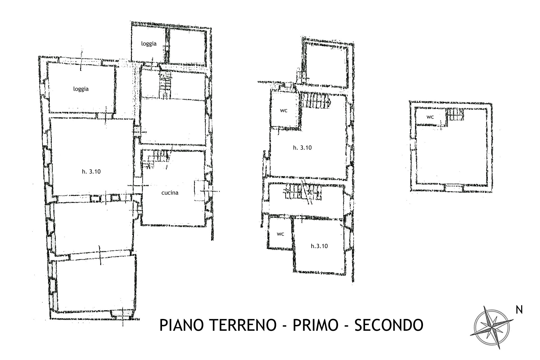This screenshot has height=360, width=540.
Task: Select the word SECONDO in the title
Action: [x=389, y=325]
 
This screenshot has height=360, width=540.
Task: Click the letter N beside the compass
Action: [x=519, y=310]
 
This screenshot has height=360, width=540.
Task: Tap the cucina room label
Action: [x=170, y=193]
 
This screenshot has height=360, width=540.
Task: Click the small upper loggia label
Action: [x=149, y=44]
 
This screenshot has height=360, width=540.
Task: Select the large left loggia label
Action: [x=81, y=89]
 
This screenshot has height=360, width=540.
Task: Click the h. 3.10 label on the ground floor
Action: [x=91, y=172]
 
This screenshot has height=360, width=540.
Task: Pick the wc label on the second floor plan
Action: [x=430, y=117]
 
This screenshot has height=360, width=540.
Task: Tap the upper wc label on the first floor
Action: [x=283, y=111]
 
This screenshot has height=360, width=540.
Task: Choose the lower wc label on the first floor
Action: [x=280, y=234]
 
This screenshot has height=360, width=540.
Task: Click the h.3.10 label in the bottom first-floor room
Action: [x=319, y=246]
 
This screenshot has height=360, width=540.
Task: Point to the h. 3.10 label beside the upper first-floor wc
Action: [x=302, y=148]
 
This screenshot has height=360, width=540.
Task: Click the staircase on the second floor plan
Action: [x=455, y=115]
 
